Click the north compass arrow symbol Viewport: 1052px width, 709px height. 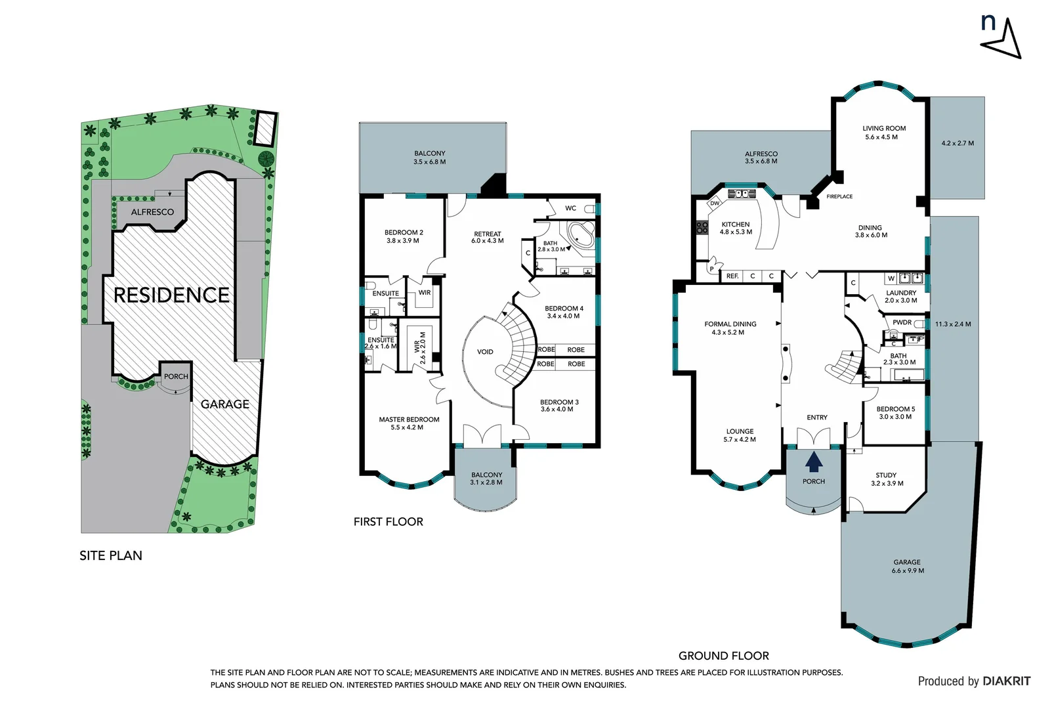click(x=1004, y=40)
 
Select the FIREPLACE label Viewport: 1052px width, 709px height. click(x=839, y=196)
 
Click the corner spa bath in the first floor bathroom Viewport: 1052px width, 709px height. click(x=581, y=236)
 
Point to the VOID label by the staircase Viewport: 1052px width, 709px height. click(x=485, y=352)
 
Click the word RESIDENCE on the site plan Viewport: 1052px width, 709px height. click(x=171, y=295)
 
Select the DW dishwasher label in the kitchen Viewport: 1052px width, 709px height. click(x=715, y=204)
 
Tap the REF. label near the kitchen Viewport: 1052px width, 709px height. click(x=732, y=276)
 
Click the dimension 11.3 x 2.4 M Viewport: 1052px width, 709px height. click(x=953, y=324)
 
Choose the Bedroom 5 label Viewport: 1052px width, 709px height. click(x=895, y=409)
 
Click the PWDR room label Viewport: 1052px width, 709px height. click(x=902, y=322)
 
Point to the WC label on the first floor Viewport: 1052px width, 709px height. click(x=570, y=208)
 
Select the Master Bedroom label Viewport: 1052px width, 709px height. click(x=409, y=419)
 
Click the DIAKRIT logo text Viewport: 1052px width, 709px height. click(x=1007, y=681)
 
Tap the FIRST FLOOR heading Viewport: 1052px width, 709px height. click(x=388, y=522)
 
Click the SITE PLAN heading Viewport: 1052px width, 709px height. click(x=111, y=556)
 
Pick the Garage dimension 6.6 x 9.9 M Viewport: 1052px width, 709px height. click(x=907, y=570)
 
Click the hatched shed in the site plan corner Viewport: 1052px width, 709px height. click(x=264, y=129)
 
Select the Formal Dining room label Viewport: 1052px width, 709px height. click(x=730, y=324)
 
